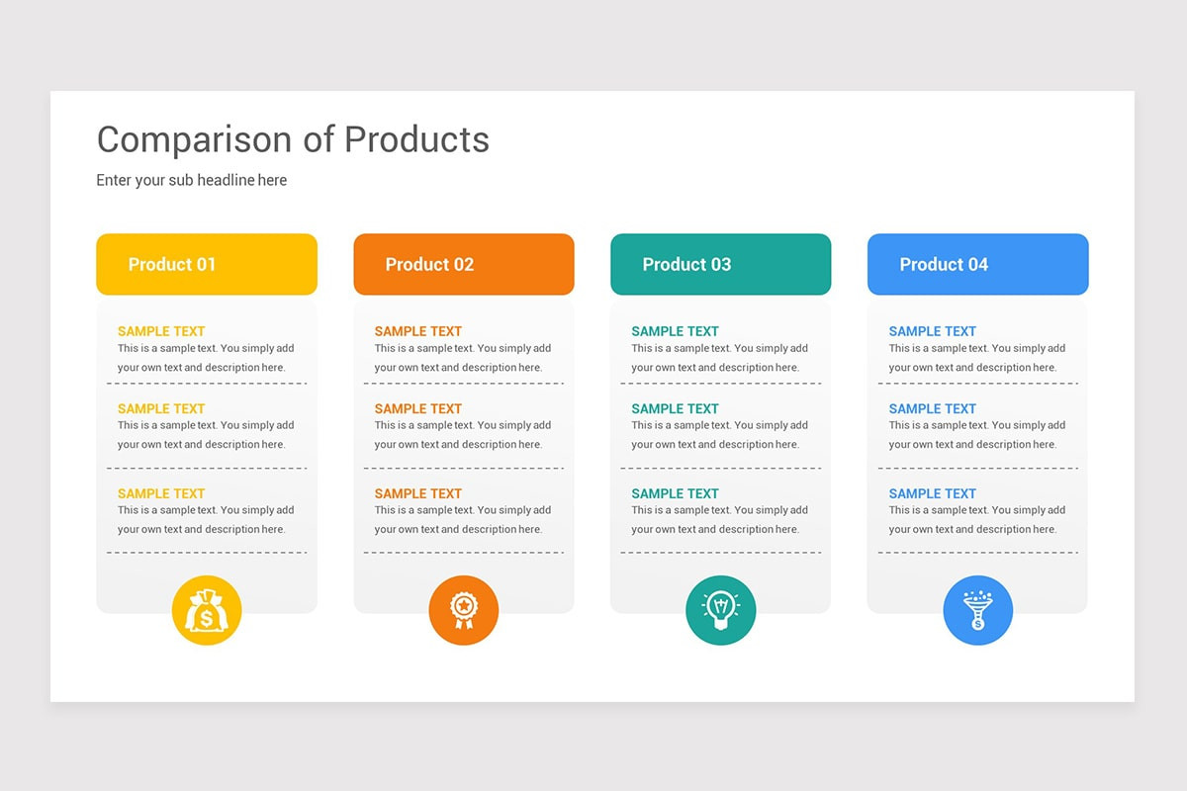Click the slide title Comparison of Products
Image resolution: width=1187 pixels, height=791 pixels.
pyautogui.click(x=293, y=139)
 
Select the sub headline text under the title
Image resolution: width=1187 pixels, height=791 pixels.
pyautogui.click(x=191, y=180)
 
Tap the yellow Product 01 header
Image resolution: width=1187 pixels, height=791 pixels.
pyautogui.click(x=207, y=264)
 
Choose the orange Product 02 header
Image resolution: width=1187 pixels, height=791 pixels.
pyautogui.click(x=464, y=264)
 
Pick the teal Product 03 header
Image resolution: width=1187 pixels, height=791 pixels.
pyautogui.click(x=721, y=264)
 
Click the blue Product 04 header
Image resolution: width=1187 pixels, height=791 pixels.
pyautogui.click(x=978, y=264)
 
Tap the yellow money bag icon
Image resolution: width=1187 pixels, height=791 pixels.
pyautogui.click(x=207, y=610)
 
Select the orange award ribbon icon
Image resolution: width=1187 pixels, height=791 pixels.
pyautogui.click(x=464, y=610)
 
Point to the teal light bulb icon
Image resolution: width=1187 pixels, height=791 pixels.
pyautogui.click(x=721, y=610)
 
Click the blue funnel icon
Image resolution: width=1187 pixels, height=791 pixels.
pyautogui.click(x=978, y=610)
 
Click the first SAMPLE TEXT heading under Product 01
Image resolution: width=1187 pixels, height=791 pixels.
pyautogui.click(x=161, y=331)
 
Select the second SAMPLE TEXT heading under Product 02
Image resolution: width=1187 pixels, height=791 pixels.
pyautogui.click(x=418, y=408)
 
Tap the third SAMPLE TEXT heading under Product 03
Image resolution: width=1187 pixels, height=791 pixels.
pyautogui.click(x=676, y=493)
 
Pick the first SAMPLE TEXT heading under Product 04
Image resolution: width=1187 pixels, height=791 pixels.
pyautogui.click(x=933, y=331)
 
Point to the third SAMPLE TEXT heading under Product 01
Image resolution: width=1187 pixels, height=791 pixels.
pyautogui.click(x=161, y=493)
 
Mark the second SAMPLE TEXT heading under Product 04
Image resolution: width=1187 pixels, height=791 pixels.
pyautogui.click(x=933, y=408)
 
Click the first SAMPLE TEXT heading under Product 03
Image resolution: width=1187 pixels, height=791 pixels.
pyautogui.click(x=676, y=331)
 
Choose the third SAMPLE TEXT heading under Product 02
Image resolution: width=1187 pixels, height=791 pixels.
pyautogui.click(x=418, y=493)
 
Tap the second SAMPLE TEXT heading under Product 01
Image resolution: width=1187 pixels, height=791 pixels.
pyautogui.click(x=161, y=408)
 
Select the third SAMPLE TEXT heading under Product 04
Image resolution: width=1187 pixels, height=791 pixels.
pyautogui.click(x=933, y=493)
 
